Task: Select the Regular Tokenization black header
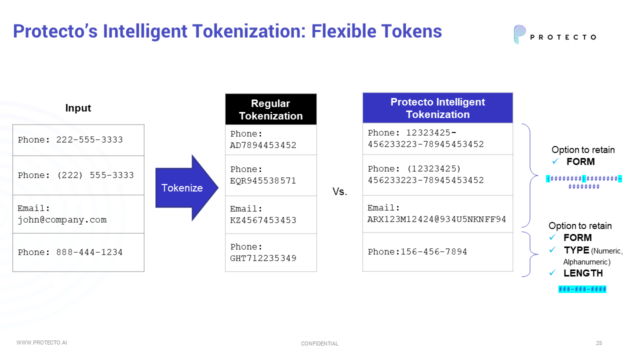coord(270,109)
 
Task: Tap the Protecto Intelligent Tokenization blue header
coord(437,108)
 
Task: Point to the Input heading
coord(78,108)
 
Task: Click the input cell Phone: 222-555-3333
coord(78,140)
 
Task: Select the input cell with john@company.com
coord(78,214)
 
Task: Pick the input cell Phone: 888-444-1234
coord(78,252)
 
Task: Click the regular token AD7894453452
coord(263,145)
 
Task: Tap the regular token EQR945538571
coord(263,181)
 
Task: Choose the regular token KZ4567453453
coord(263,220)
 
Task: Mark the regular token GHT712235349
coord(263,258)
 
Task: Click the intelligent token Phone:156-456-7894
coord(417,252)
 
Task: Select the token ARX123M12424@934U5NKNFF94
coord(437,219)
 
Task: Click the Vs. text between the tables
coord(339,192)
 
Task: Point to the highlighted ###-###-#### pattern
coord(582,289)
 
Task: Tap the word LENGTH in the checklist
coord(583,273)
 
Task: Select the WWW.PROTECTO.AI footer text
coord(41,342)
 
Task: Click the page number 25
coord(599,343)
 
